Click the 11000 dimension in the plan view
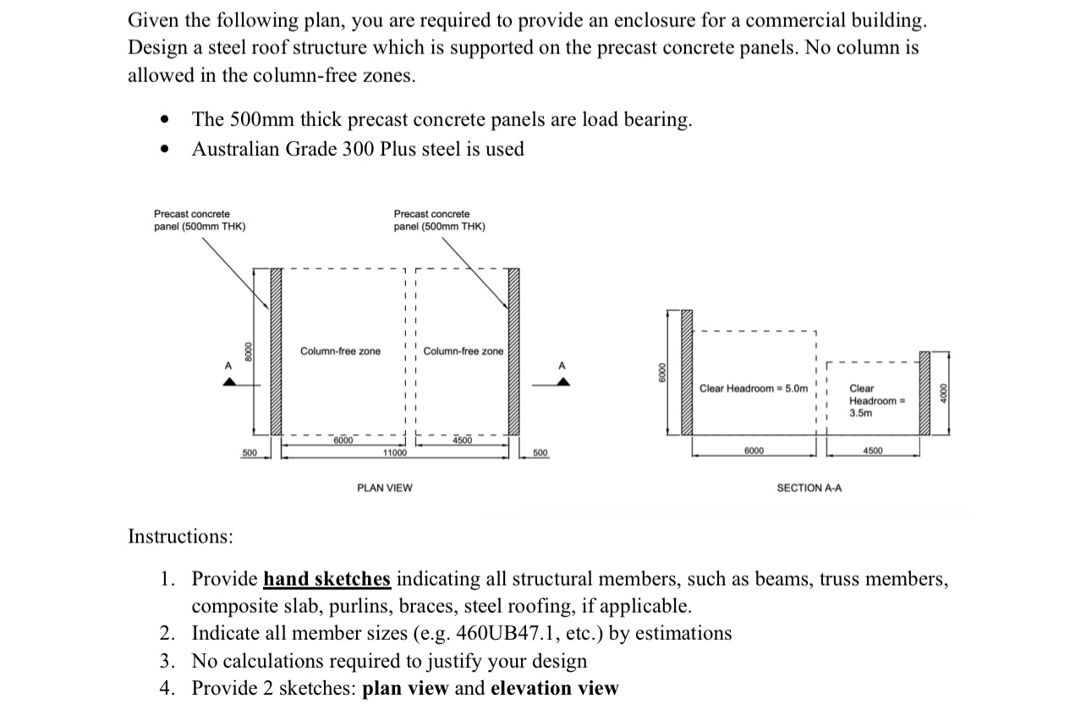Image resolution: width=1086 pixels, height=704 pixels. pyautogui.click(x=394, y=454)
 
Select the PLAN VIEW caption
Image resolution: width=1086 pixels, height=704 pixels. pyautogui.click(x=385, y=488)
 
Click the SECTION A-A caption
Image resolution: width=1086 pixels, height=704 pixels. pyautogui.click(x=809, y=488)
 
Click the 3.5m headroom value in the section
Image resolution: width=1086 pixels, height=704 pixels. pyautogui.click(x=861, y=413)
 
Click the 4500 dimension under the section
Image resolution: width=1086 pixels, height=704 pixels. pyautogui.click(x=873, y=451)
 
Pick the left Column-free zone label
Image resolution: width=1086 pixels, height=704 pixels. pyautogui.click(x=340, y=351)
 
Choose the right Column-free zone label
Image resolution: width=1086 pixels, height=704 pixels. pyautogui.click(x=463, y=351)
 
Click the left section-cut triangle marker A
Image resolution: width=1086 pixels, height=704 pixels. pyautogui.click(x=228, y=382)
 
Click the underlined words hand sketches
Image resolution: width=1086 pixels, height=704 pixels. pyautogui.click(x=326, y=580)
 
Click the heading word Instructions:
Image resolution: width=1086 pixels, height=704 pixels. pyautogui.click(x=180, y=536)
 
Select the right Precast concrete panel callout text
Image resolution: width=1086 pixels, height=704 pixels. pyautogui.click(x=439, y=220)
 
